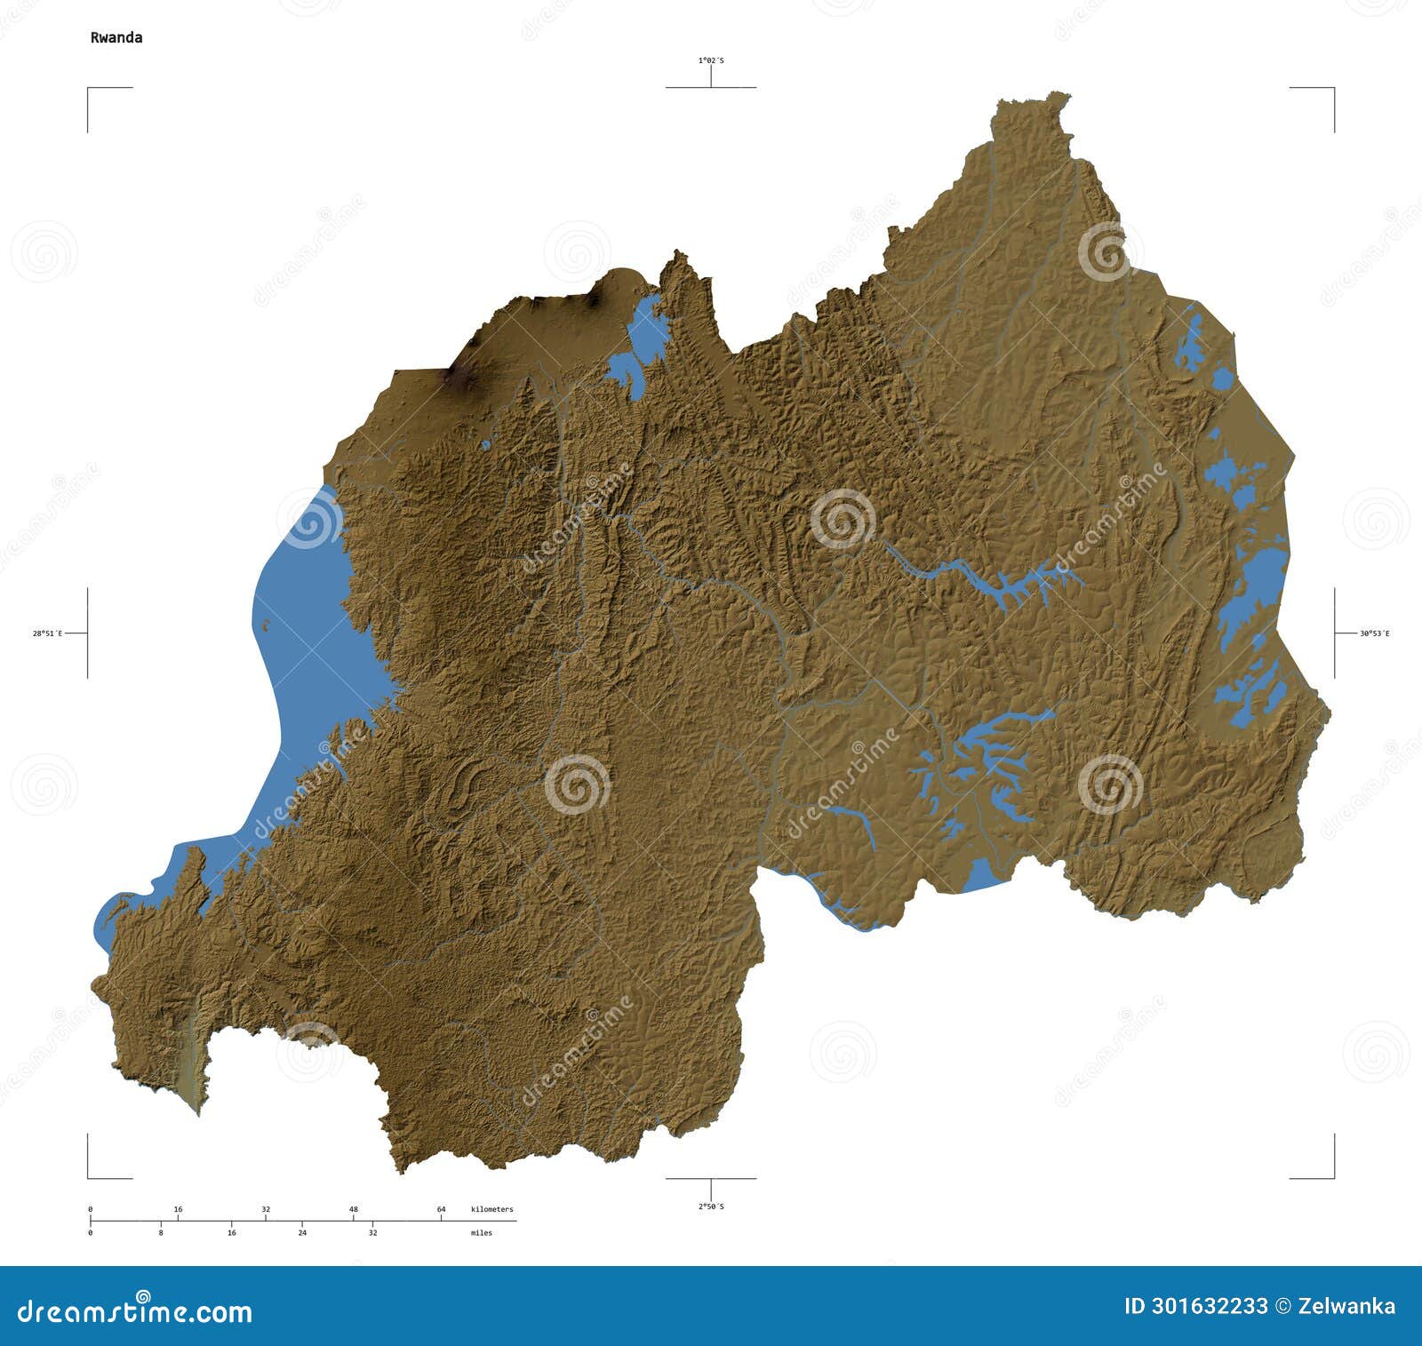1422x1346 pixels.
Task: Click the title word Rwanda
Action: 116,37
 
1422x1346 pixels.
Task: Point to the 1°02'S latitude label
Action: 710,60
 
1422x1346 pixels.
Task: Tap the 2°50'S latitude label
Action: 710,1207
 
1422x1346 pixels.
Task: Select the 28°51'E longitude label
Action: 47,633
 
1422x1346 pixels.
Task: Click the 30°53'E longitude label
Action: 1374,633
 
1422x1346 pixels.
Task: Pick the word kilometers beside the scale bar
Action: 491,1209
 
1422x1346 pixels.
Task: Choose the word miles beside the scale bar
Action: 481,1233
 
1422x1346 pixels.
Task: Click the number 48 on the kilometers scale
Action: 353,1209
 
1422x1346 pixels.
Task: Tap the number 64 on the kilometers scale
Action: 441,1209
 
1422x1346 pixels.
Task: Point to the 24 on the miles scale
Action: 302,1233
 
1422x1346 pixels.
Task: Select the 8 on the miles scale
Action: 161,1233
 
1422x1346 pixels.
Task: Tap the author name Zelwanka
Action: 1347,1306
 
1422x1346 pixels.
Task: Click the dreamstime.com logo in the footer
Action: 135,1310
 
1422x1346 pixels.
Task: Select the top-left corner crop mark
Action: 89,89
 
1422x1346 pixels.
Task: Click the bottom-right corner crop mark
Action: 1333,1177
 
